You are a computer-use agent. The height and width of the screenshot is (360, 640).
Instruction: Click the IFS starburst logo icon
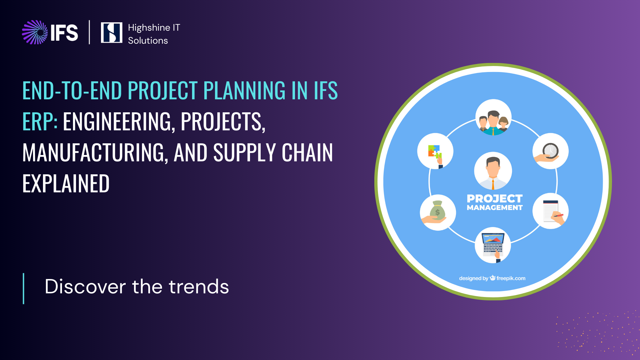pos(35,32)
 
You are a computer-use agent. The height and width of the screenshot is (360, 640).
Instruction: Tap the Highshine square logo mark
pos(111,32)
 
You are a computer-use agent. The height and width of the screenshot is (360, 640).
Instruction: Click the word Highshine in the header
pos(149,28)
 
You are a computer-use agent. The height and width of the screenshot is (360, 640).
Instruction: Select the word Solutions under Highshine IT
pos(148,40)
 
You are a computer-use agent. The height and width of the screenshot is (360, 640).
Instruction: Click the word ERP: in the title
pos(40,121)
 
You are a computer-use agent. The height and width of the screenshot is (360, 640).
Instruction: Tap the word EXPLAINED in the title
pos(66,183)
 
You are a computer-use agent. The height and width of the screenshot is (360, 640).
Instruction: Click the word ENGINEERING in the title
pos(119,122)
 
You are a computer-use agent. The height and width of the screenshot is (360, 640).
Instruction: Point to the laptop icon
pos(493,245)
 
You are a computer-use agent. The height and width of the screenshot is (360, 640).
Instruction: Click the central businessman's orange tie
pos(493,184)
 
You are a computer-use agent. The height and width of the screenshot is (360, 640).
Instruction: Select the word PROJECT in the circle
pos(495,199)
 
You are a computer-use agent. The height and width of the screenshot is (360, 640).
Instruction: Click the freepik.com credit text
pos(511,278)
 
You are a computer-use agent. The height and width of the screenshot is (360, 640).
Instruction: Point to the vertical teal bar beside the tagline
pos(23,289)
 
